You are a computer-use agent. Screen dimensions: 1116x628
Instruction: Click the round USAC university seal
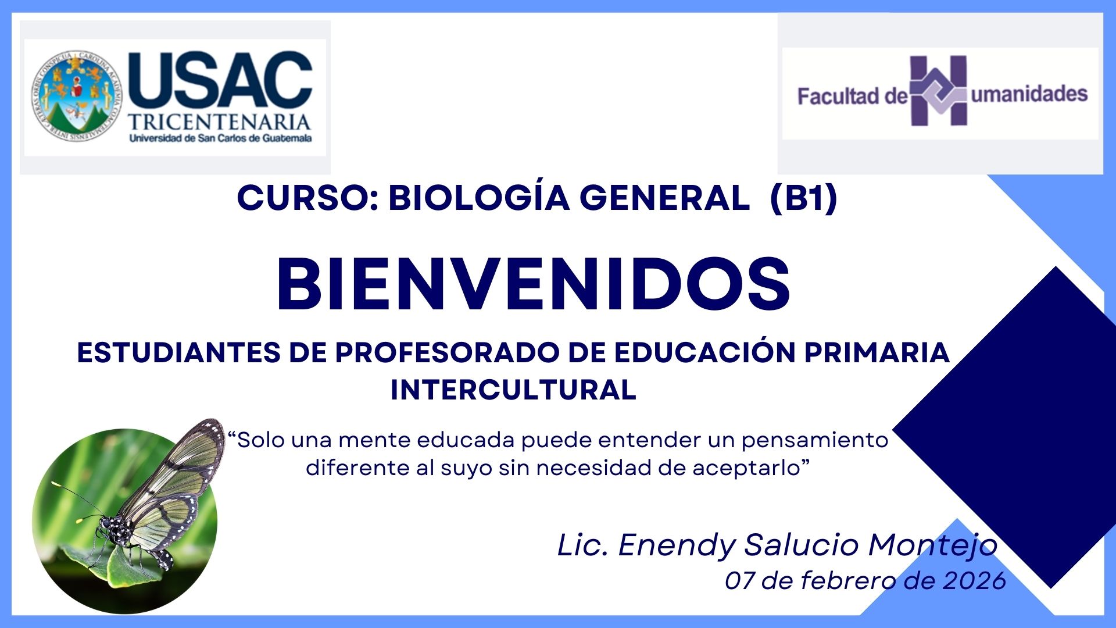click(77, 95)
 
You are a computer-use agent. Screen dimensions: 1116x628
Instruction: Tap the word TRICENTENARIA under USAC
click(219, 122)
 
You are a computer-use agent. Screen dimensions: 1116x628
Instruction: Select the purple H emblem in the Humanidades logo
click(938, 91)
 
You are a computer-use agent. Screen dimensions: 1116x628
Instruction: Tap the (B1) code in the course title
click(803, 198)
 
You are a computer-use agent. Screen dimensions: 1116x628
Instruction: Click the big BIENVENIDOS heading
click(533, 285)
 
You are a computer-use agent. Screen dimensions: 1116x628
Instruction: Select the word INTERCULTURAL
click(513, 390)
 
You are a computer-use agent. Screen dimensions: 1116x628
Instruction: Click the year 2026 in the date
click(975, 580)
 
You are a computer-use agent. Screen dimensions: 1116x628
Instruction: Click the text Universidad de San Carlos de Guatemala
click(220, 138)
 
